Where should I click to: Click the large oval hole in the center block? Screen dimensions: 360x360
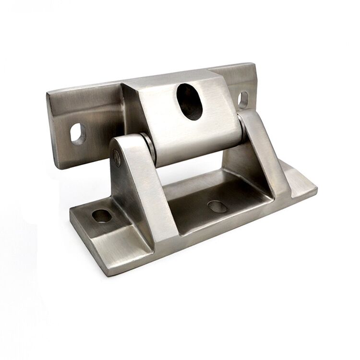click(x=190, y=102)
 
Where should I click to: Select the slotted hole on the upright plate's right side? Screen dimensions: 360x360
click(x=243, y=99)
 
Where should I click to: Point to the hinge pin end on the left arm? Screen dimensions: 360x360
click(x=117, y=157)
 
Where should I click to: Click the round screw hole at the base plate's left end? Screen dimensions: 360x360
click(x=102, y=216)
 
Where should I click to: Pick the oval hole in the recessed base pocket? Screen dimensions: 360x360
click(x=217, y=206)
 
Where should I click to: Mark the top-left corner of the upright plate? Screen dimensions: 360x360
click(x=48, y=92)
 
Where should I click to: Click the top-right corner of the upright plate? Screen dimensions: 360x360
click(x=253, y=64)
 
